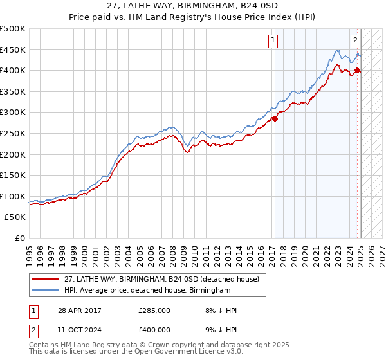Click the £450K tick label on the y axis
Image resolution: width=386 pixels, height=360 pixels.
point(13,50)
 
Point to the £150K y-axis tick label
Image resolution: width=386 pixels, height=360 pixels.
point(13,175)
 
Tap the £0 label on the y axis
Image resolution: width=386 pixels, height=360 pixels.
point(19,238)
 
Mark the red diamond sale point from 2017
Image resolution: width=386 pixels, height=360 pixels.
point(275,118)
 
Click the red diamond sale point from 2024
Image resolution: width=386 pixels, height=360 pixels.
point(358,70)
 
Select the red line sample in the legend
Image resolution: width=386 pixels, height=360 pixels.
point(46,279)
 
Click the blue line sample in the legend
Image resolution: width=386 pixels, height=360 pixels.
point(46,291)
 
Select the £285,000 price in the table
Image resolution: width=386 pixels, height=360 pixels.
point(154,310)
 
